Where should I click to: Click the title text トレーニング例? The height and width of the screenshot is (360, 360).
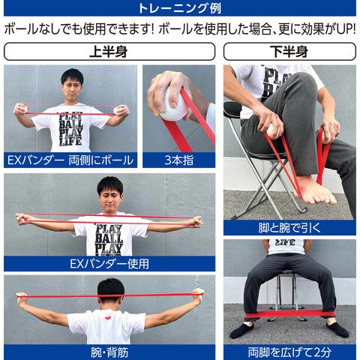point(179,8)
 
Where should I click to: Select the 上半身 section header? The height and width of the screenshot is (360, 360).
point(109,52)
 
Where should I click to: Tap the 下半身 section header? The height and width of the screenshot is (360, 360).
point(289,52)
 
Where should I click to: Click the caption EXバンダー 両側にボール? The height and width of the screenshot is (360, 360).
point(70,160)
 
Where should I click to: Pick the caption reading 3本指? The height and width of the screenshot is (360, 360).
point(178,160)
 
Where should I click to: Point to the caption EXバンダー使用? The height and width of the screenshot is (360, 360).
point(109,264)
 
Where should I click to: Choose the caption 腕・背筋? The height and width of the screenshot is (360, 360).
point(109,352)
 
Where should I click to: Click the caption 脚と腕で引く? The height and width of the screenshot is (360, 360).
point(289,228)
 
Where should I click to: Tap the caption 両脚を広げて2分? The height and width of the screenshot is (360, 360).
point(289,352)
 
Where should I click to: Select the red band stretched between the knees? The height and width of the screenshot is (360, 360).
point(289,314)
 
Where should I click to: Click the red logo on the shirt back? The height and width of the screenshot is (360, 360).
point(107,317)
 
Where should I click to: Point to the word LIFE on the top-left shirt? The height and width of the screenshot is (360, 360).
point(70,141)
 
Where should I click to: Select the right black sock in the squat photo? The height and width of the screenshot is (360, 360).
point(337,329)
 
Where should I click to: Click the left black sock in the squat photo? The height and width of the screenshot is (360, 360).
point(241,329)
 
